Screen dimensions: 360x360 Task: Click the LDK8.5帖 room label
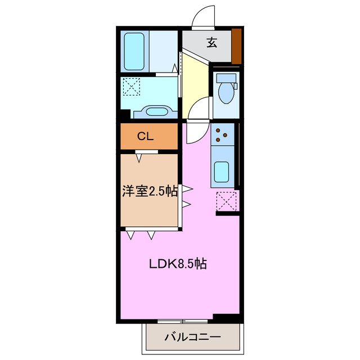[177, 264]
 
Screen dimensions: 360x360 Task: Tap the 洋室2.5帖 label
[150, 191]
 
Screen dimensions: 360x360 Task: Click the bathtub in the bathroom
[134, 51]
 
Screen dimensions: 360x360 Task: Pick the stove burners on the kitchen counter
[222, 135]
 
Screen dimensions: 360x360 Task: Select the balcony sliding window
[183, 321]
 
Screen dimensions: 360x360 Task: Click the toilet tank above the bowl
[227, 78]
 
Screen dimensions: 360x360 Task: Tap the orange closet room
[149, 136]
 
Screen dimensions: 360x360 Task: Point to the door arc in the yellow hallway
[198, 108]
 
